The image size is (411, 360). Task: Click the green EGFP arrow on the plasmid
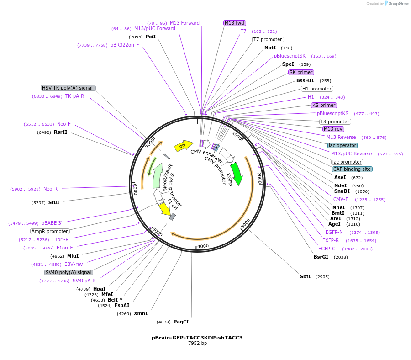point(237,173)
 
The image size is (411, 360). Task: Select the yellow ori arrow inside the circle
point(183,146)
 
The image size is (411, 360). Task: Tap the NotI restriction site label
point(270,48)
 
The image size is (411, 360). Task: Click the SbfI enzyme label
point(305,276)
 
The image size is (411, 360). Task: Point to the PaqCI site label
point(181,322)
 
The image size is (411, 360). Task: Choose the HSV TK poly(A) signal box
point(68,88)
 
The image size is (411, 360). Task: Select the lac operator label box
point(342,145)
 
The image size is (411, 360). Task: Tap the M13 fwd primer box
point(235,23)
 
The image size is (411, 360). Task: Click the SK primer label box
point(301,72)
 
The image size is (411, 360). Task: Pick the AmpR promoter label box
point(50,231)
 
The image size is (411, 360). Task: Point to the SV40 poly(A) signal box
point(68,272)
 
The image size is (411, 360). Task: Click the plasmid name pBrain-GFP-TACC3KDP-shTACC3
point(197,338)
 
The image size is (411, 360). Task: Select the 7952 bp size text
point(197,344)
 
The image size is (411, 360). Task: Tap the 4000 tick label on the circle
point(203,246)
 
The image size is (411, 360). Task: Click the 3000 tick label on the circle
point(245,222)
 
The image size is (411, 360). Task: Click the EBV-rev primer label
point(74,264)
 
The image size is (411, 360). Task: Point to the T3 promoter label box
point(335,122)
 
